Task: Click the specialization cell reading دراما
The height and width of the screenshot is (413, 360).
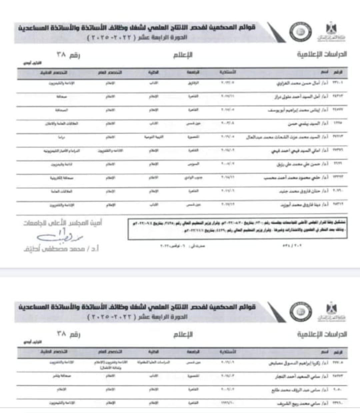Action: pyautogui.click(x=61, y=137)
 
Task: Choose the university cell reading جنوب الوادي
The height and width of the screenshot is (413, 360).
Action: pyautogui.click(x=194, y=178)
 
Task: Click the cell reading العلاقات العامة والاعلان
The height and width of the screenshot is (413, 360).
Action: pyautogui.click(x=62, y=124)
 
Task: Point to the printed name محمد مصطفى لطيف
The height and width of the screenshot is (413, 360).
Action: pyautogui.click(x=61, y=248)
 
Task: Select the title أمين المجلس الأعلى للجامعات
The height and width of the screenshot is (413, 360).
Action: pyautogui.click(x=63, y=223)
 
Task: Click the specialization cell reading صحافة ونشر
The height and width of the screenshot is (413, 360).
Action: pyautogui.click(x=62, y=376)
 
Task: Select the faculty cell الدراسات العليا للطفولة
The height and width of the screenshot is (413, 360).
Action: pyautogui.click(x=154, y=362)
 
